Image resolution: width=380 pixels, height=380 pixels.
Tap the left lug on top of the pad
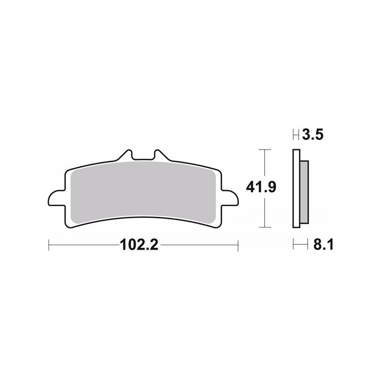[x=126, y=155]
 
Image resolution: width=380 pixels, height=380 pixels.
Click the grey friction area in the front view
[x=142, y=190]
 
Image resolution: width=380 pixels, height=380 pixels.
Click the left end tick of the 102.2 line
[x=49, y=246]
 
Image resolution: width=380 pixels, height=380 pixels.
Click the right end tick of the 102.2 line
[x=237, y=246]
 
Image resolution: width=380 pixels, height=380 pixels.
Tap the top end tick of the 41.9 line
[x=265, y=150]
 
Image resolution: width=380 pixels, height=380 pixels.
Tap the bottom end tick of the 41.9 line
[x=265, y=227]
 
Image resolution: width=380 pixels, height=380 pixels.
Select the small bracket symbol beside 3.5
[x=295, y=136]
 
